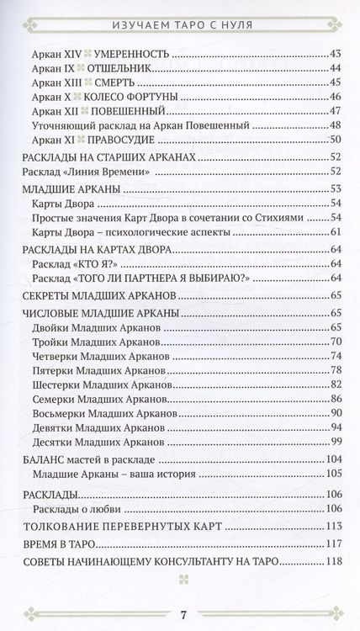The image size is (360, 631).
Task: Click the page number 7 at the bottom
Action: (x=182, y=607)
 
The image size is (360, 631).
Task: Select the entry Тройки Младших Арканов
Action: (x=95, y=343)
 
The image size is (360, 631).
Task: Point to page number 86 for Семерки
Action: (x=338, y=398)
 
